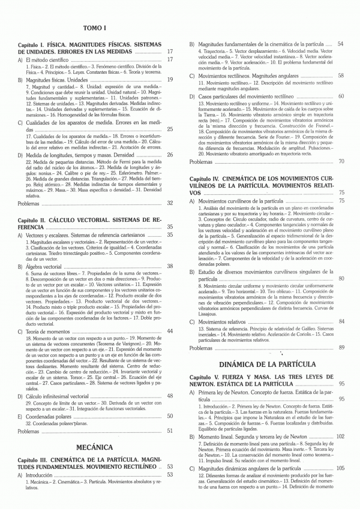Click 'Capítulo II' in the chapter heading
[35, 219]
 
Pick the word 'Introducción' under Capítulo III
[41, 475]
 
